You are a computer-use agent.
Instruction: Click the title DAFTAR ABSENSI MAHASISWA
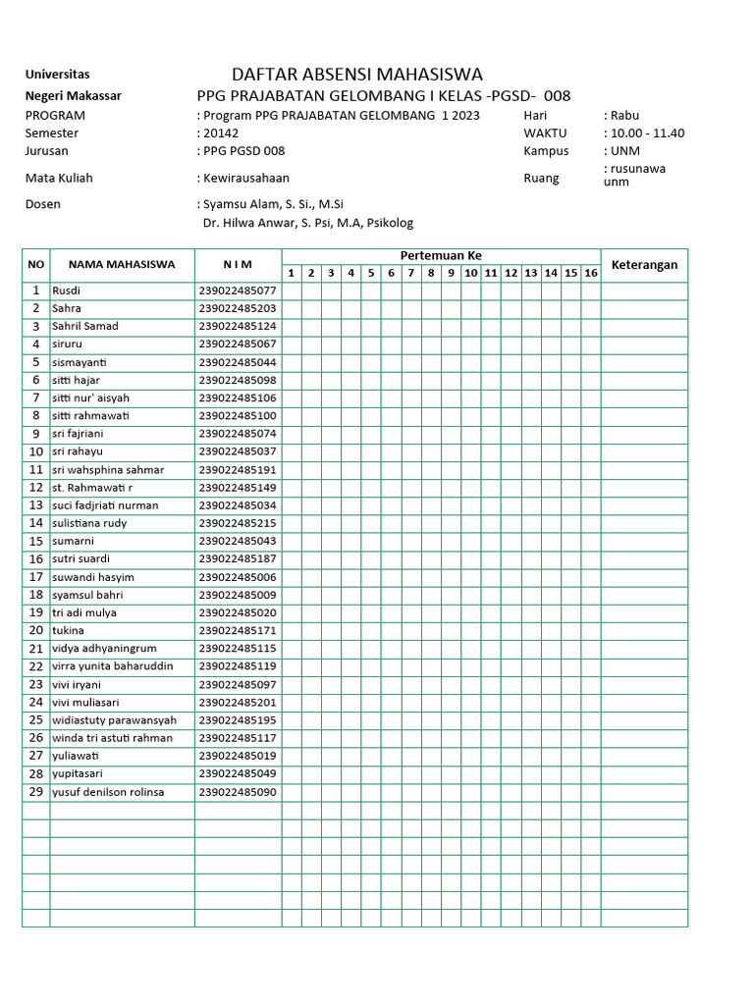point(356,75)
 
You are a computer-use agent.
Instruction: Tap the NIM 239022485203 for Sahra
point(238,308)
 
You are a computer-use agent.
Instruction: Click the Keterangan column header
point(644,265)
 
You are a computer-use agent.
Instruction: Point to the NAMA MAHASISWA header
point(122,264)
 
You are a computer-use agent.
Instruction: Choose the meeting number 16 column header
point(590,273)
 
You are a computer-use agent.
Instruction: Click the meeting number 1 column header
point(291,273)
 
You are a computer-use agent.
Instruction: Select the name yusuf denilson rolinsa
point(108,792)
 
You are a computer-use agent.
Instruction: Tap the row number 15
point(35,541)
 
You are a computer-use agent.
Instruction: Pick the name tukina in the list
point(68,630)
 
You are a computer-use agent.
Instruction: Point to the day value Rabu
point(624,115)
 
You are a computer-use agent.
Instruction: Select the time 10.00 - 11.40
point(647,133)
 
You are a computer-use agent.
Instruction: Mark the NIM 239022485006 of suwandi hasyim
point(238,577)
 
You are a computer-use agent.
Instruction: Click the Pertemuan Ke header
point(441,255)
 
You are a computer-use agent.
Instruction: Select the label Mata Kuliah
point(59,178)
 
